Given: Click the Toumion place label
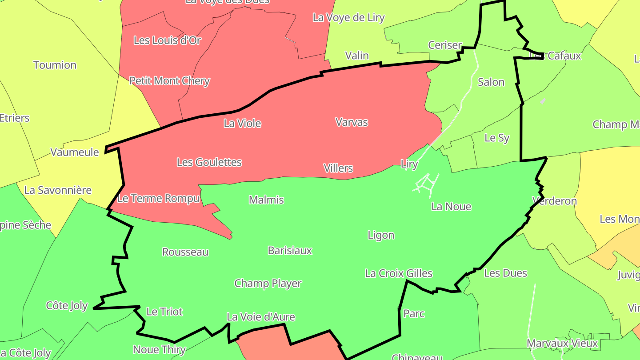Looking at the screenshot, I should point(55,65).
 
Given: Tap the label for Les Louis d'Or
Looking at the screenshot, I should point(167,40).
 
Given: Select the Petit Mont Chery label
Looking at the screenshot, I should point(169,81).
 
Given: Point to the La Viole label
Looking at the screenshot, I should point(242,124).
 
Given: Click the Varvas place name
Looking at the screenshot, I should point(352,122).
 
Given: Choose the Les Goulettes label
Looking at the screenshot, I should point(209,162).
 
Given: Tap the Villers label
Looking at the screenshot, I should point(338,168).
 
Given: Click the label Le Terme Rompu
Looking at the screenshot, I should point(158,198).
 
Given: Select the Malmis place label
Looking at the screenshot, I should point(266,200).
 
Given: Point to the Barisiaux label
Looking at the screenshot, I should point(290,251).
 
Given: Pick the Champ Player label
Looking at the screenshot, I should point(268,284).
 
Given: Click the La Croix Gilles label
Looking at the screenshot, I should point(398,273).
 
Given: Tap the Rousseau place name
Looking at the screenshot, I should point(185,252).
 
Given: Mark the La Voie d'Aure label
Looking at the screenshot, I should point(260,317).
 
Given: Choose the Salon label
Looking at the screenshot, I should point(491,82).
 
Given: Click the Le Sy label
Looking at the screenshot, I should point(497,138).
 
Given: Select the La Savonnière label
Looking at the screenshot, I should point(58,190).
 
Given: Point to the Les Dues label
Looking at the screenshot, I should point(505,273).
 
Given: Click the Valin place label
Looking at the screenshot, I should point(357,56).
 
